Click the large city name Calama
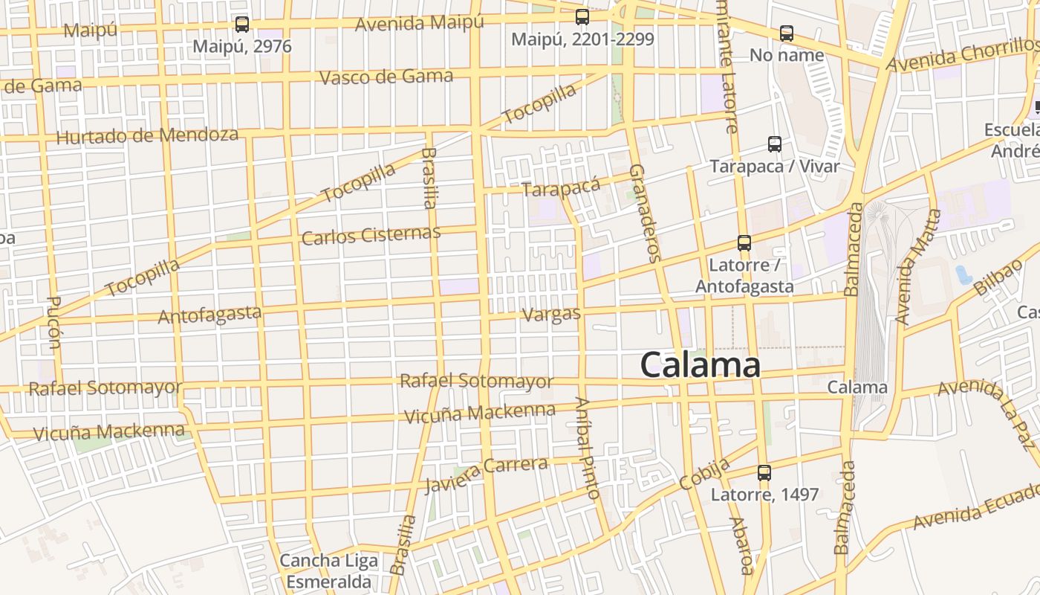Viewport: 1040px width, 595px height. click(x=700, y=365)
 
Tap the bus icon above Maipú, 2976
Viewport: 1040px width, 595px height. click(x=242, y=25)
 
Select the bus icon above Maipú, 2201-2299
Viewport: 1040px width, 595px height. click(x=582, y=17)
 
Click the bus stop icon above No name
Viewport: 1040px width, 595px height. click(x=787, y=33)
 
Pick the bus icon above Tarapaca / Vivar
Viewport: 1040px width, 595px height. click(x=775, y=144)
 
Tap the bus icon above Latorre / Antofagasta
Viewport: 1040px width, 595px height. click(x=744, y=243)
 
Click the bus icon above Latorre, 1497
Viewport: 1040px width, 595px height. click(x=764, y=472)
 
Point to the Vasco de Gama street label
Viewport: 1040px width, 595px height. click(x=386, y=77)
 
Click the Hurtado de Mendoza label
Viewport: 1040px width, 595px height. click(x=147, y=136)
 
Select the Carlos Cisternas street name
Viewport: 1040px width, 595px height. click(x=371, y=235)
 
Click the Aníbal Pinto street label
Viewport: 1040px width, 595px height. click(x=587, y=448)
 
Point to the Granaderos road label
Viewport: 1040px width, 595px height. click(x=644, y=213)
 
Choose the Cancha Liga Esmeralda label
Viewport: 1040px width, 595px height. click(x=328, y=570)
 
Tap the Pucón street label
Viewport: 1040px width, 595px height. click(x=54, y=323)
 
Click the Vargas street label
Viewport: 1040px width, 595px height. click(x=551, y=314)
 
